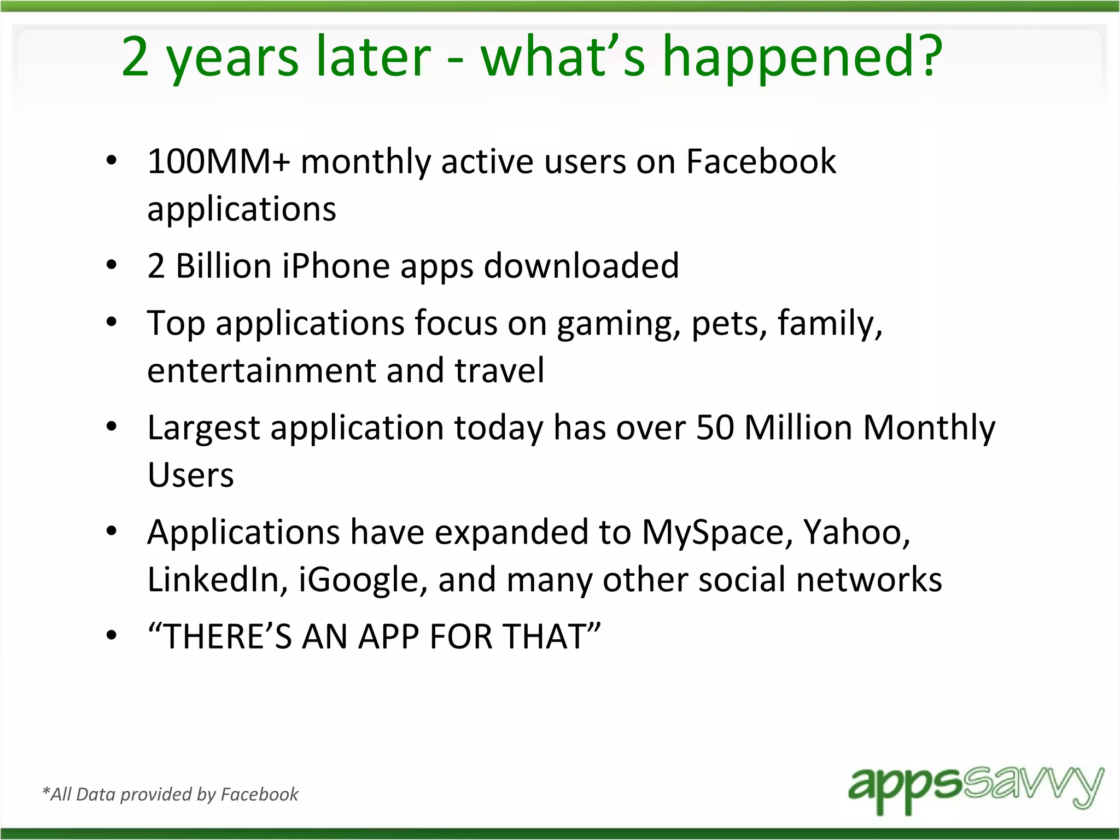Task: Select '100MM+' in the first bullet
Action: [218, 162]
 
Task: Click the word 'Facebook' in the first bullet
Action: [761, 162]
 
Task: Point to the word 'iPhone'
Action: [336, 266]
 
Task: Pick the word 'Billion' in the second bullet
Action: [224, 266]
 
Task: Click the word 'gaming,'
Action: [619, 324]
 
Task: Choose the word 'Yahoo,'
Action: [856, 533]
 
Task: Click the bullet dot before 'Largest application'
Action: [112, 427]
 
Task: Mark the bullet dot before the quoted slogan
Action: [112, 635]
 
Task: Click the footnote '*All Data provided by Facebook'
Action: [170, 794]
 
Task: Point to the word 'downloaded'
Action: [581, 266]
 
